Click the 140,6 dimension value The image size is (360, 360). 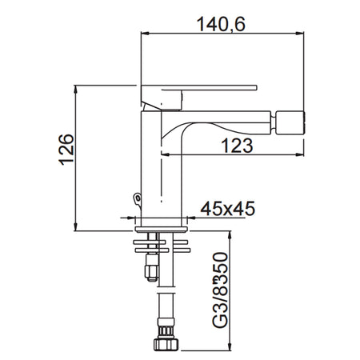[x=219, y=24]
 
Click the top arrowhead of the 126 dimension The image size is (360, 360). [x=78, y=87]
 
